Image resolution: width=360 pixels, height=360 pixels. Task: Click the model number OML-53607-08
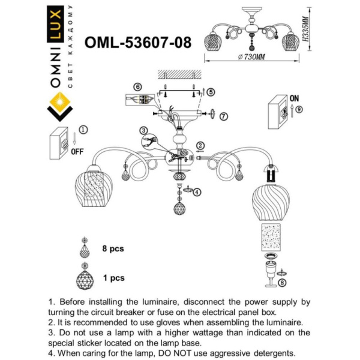[x=139, y=43]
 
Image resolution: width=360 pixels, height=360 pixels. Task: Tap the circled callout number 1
[x=83, y=129]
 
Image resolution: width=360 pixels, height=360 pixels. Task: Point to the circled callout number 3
[x=144, y=131]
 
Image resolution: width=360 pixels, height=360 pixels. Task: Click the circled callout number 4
[x=197, y=191]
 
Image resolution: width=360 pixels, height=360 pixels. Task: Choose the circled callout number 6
[x=138, y=87]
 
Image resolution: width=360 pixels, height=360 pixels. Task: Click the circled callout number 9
[x=298, y=109]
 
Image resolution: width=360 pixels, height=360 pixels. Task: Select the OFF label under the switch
[x=77, y=151]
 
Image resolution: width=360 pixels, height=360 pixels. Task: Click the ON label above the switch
[x=294, y=97]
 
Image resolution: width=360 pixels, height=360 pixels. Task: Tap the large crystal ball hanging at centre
[x=179, y=208]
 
